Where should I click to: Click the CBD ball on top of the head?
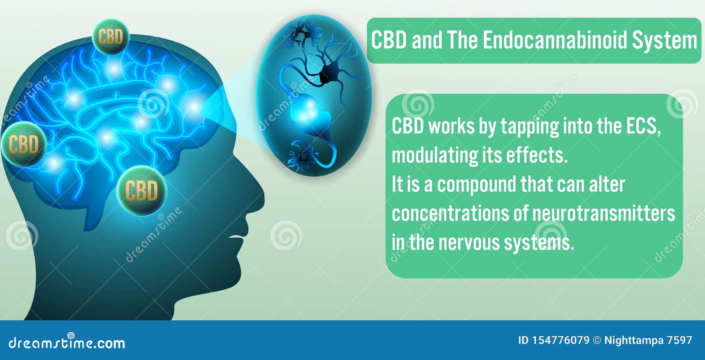click(111, 37)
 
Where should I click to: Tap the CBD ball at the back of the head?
click(23, 144)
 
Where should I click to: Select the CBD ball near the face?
click(141, 190)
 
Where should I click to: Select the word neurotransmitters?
click(604, 214)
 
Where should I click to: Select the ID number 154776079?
click(560, 340)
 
